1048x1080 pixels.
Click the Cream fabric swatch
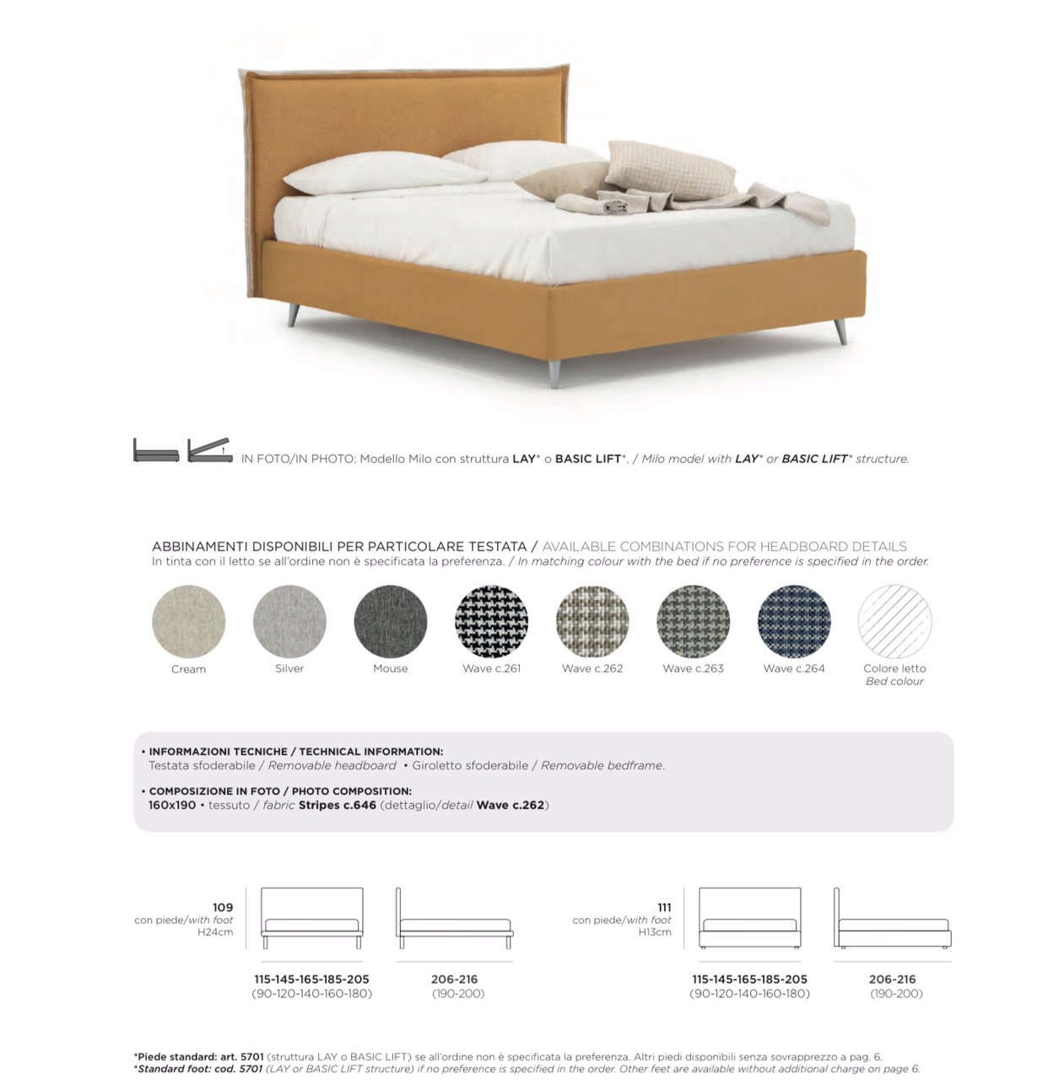pyautogui.click(x=189, y=621)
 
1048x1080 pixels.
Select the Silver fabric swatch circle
pyautogui.click(x=289, y=621)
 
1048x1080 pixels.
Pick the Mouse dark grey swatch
pyautogui.click(x=391, y=621)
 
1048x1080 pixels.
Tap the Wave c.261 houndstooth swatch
pyautogui.click(x=491, y=621)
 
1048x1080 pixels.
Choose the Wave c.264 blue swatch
pyautogui.click(x=794, y=621)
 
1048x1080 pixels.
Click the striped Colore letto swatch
pyautogui.click(x=894, y=621)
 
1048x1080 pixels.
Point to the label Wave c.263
pyautogui.click(x=693, y=668)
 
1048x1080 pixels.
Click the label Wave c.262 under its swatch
pyautogui.click(x=592, y=668)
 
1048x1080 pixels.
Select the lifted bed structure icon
pyautogui.click(x=209, y=450)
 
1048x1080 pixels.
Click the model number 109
pyautogui.click(x=223, y=907)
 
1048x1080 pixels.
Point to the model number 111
pyautogui.click(x=664, y=907)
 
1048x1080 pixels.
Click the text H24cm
pyautogui.click(x=215, y=932)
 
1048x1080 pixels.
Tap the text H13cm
pyautogui.click(x=655, y=932)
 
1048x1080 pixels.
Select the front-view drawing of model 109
pyautogui.click(x=312, y=919)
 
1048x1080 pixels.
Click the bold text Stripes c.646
pyautogui.click(x=335, y=805)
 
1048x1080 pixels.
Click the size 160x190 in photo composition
pyautogui.click(x=172, y=805)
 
